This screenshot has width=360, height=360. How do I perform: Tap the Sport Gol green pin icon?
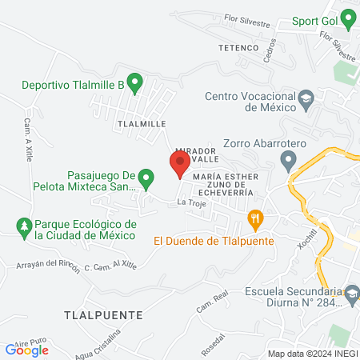348,18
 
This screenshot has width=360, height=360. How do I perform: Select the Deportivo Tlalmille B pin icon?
135,82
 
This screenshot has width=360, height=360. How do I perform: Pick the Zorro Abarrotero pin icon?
289,162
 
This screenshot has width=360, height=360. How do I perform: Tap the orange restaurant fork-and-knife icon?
255,218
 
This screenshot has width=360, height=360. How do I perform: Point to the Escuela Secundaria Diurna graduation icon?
351,297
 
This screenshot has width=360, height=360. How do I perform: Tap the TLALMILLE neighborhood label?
141,124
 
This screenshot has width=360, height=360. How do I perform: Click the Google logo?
26,349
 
